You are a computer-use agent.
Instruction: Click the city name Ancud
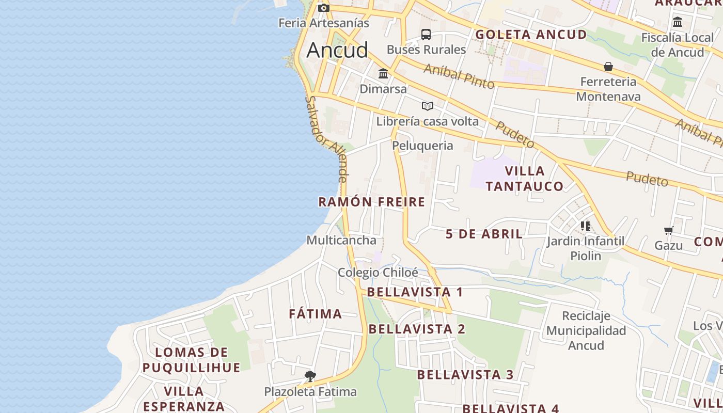click(x=337, y=50)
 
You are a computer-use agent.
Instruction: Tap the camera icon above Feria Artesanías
click(x=324, y=8)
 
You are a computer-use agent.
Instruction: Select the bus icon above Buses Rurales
click(x=426, y=35)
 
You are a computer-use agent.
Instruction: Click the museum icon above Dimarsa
click(x=383, y=74)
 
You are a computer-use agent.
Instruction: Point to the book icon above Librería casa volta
click(x=427, y=106)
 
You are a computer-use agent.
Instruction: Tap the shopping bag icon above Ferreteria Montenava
click(x=608, y=67)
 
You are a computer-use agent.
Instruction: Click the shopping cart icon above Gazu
click(x=669, y=230)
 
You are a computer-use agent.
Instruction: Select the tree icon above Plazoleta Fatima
click(x=310, y=376)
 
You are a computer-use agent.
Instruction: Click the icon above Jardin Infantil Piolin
click(x=585, y=226)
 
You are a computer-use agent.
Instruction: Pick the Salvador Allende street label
click(x=326, y=139)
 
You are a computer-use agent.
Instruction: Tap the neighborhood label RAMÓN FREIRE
click(x=372, y=202)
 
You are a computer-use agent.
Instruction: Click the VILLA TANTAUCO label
click(x=524, y=179)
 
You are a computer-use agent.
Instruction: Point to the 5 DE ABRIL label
click(x=484, y=234)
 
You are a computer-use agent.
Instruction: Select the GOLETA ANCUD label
click(x=531, y=35)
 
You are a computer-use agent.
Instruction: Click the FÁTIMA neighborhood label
click(x=315, y=314)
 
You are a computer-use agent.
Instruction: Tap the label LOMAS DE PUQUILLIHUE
click(x=192, y=360)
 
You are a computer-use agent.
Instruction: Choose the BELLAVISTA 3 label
click(x=465, y=375)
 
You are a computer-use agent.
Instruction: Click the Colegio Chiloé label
click(x=378, y=273)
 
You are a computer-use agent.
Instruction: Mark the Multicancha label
click(x=341, y=241)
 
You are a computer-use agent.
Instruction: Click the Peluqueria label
click(x=422, y=146)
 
